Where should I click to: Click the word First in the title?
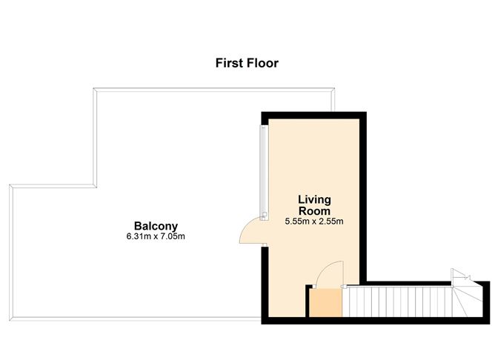230,63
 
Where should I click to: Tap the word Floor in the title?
262,63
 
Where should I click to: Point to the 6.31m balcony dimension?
141,237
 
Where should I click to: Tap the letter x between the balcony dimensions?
156,237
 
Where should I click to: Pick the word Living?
314,199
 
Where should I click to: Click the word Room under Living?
314,210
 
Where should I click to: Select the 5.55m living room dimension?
299,221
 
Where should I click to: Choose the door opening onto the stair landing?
330,273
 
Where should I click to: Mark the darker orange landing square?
325,304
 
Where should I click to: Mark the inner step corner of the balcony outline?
95,185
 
